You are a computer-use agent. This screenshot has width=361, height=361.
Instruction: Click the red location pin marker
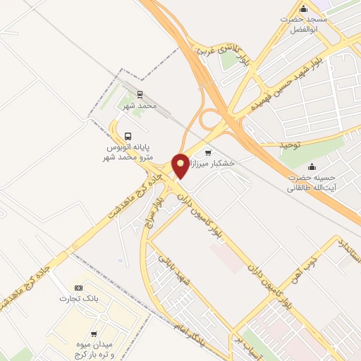click(180, 165)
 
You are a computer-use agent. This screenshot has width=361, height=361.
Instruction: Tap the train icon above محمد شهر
click(140, 94)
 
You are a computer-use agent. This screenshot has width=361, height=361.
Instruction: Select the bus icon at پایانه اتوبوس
click(127, 136)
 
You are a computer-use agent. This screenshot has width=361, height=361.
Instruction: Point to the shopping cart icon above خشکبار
click(207, 152)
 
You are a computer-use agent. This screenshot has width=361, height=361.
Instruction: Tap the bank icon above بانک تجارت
click(78, 288)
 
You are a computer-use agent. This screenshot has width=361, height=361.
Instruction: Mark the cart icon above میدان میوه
click(94, 334)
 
